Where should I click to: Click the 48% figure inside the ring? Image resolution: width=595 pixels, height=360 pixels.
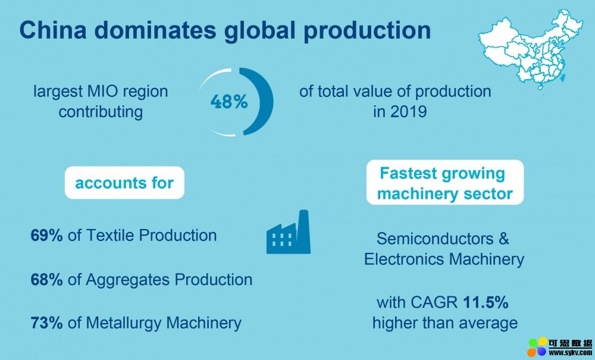tap(229, 102)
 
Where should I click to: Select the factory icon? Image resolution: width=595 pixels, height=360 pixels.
tap(289, 232)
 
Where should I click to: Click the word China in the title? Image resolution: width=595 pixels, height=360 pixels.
tap(53, 30)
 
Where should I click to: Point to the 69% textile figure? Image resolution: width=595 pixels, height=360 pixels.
tap(46, 235)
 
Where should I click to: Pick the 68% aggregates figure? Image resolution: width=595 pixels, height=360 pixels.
tap(46, 280)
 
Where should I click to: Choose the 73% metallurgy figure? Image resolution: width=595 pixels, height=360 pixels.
tap(46, 323)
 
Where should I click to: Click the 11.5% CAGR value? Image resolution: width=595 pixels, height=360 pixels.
tap(486, 302)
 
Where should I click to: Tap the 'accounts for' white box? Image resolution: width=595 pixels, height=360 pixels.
tap(124, 183)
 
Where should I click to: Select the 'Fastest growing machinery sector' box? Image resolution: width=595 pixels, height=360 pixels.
tap(444, 183)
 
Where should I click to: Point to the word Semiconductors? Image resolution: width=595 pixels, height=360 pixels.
tap(435, 239)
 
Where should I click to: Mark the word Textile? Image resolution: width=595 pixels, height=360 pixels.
tap(111, 235)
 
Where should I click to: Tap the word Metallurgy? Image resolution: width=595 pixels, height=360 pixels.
tap(124, 324)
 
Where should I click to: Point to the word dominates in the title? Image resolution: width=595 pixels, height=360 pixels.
tap(155, 30)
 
